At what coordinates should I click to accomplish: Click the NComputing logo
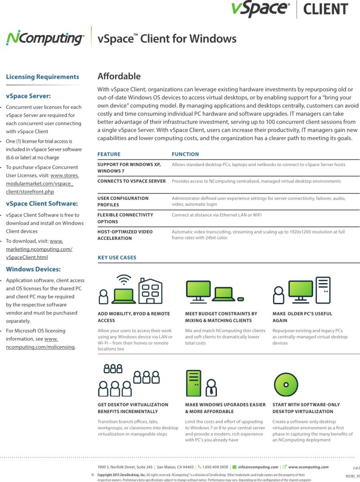click(x=45, y=39)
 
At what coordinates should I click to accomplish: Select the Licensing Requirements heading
click(x=42, y=77)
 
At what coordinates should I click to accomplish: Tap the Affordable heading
click(x=119, y=76)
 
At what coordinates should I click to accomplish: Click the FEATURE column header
click(x=109, y=154)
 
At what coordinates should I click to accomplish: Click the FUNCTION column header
click(x=185, y=154)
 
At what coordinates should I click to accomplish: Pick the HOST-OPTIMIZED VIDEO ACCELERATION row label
click(x=125, y=235)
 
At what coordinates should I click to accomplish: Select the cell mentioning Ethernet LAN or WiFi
click(x=216, y=215)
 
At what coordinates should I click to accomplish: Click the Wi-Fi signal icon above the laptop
click(x=124, y=279)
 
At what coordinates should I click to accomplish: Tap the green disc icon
click(x=286, y=384)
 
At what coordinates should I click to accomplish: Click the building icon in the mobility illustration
click(x=150, y=290)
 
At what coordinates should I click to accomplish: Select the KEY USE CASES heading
click(x=117, y=258)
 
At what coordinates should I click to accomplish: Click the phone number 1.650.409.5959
click(x=216, y=467)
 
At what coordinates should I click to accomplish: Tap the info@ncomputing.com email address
click(x=258, y=467)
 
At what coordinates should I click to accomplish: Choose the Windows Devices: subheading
click(x=33, y=269)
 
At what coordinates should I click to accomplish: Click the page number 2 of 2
click(x=356, y=468)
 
